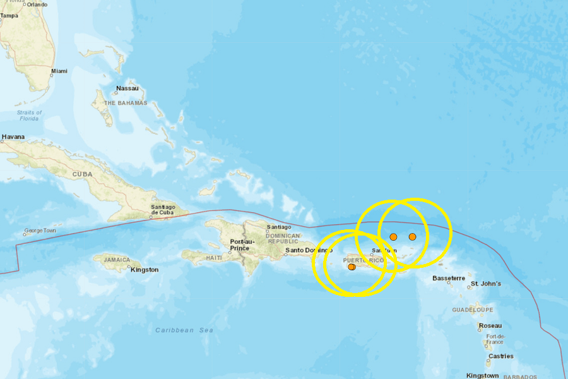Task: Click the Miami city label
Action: tap(59, 71)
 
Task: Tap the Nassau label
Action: tap(127, 88)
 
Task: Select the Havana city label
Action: tap(13, 136)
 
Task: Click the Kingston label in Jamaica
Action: tap(145, 270)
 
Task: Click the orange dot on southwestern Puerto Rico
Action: tap(352, 267)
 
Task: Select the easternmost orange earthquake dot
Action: tap(412, 237)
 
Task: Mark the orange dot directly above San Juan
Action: tap(393, 237)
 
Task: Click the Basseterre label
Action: tap(449, 278)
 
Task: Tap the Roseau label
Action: tap(490, 326)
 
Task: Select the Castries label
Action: tap(500, 356)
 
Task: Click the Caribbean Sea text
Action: tap(184, 330)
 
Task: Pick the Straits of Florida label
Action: tap(29, 116)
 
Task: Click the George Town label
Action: tap(40, 231)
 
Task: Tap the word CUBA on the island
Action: tap(82, 174)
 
